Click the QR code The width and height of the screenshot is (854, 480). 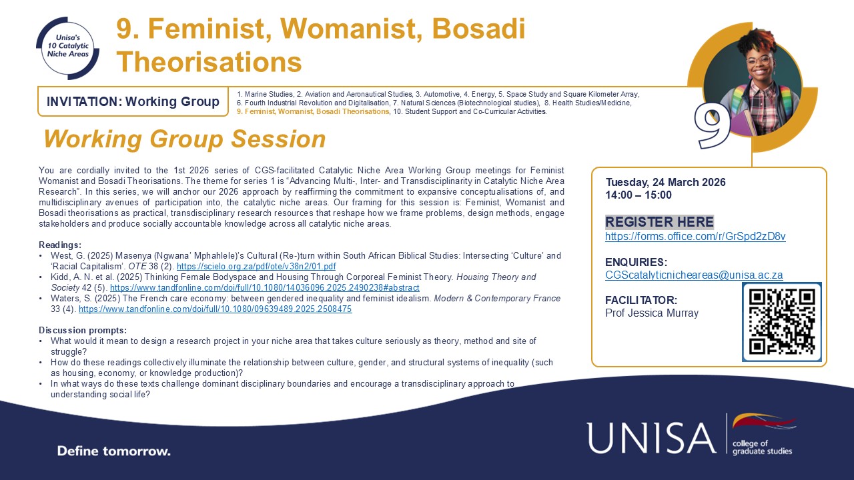click(781, 322)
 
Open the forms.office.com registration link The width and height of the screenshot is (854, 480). click(695, 237)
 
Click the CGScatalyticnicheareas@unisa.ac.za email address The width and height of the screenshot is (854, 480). click(694, 275)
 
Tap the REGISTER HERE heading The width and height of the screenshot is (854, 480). click(659, 222)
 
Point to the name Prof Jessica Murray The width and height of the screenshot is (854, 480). click(652, 313)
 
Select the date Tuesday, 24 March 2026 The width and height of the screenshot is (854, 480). click(665, 183)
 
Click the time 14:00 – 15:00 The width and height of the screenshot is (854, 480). click(638, 195)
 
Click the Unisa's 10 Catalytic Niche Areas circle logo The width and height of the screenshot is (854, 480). click(67, 47)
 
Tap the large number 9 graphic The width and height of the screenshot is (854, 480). click(711, 124)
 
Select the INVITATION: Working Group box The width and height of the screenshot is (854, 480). click(133, 102)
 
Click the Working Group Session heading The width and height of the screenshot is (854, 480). click(184, 139)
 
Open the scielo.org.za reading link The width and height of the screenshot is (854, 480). click(256, 267)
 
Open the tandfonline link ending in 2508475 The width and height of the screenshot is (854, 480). click(215, 309)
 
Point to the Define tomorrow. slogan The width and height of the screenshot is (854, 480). click(113, 451)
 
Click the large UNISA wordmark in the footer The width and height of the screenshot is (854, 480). click(651, 437)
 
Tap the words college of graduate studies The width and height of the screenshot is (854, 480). click(762, 447)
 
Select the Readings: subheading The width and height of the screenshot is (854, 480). click(60, 245)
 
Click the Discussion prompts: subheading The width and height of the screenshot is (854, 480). click(83, 331)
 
